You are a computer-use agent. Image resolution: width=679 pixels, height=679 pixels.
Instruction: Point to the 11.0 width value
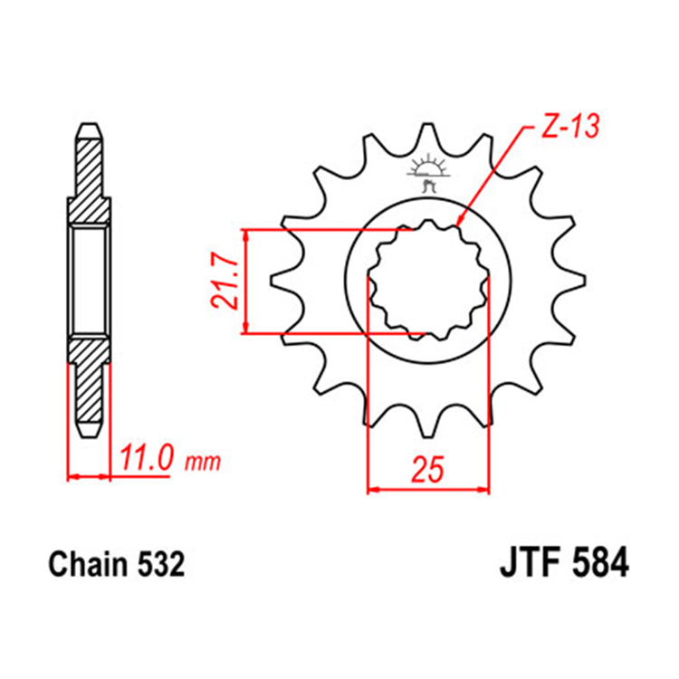[146, 459]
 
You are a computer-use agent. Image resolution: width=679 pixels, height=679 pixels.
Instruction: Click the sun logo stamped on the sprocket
[427, 172]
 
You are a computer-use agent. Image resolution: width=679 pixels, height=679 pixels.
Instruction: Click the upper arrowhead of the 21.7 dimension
[247, 234]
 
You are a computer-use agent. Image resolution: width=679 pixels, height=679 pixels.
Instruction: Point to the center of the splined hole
[427, 282]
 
